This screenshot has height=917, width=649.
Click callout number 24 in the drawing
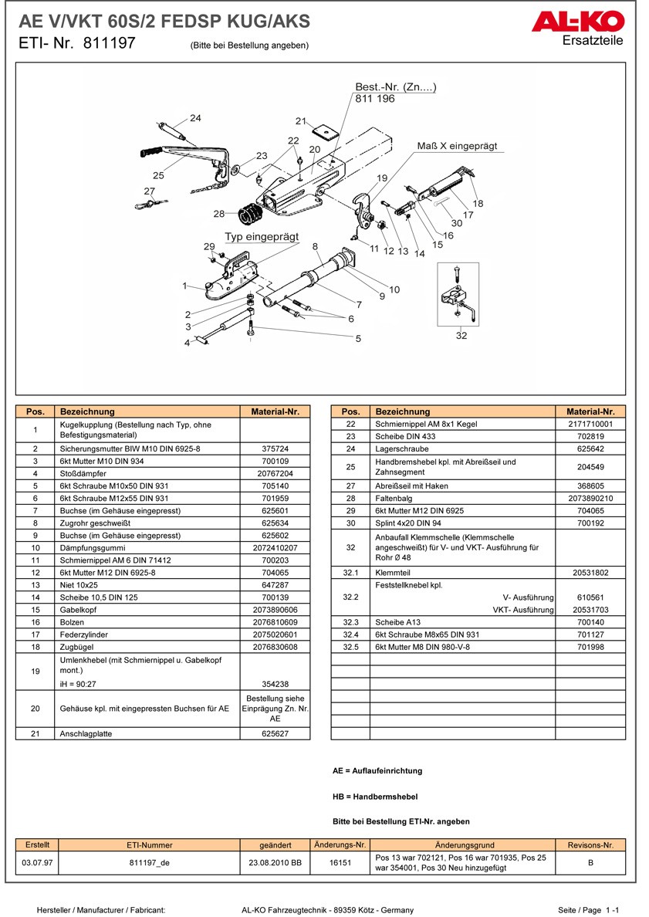(x=195, y=118)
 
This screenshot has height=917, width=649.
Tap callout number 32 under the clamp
(x=461, y=335)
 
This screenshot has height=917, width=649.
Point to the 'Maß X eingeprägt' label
(x=457, y=146)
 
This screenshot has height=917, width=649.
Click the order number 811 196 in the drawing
(x=375, y=100)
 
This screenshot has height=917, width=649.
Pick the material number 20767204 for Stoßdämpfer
(x=275, y=473)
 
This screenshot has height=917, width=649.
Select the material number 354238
(x=275, y=684)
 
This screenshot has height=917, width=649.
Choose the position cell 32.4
(x=351, y=634)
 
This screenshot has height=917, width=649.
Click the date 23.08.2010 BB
(x=275, y=863)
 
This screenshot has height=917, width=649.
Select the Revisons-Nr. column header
(x=590, y=845)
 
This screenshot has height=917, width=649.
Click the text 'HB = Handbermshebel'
(x=374, y=796)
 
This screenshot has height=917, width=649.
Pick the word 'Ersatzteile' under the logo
(x=593, y=40)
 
